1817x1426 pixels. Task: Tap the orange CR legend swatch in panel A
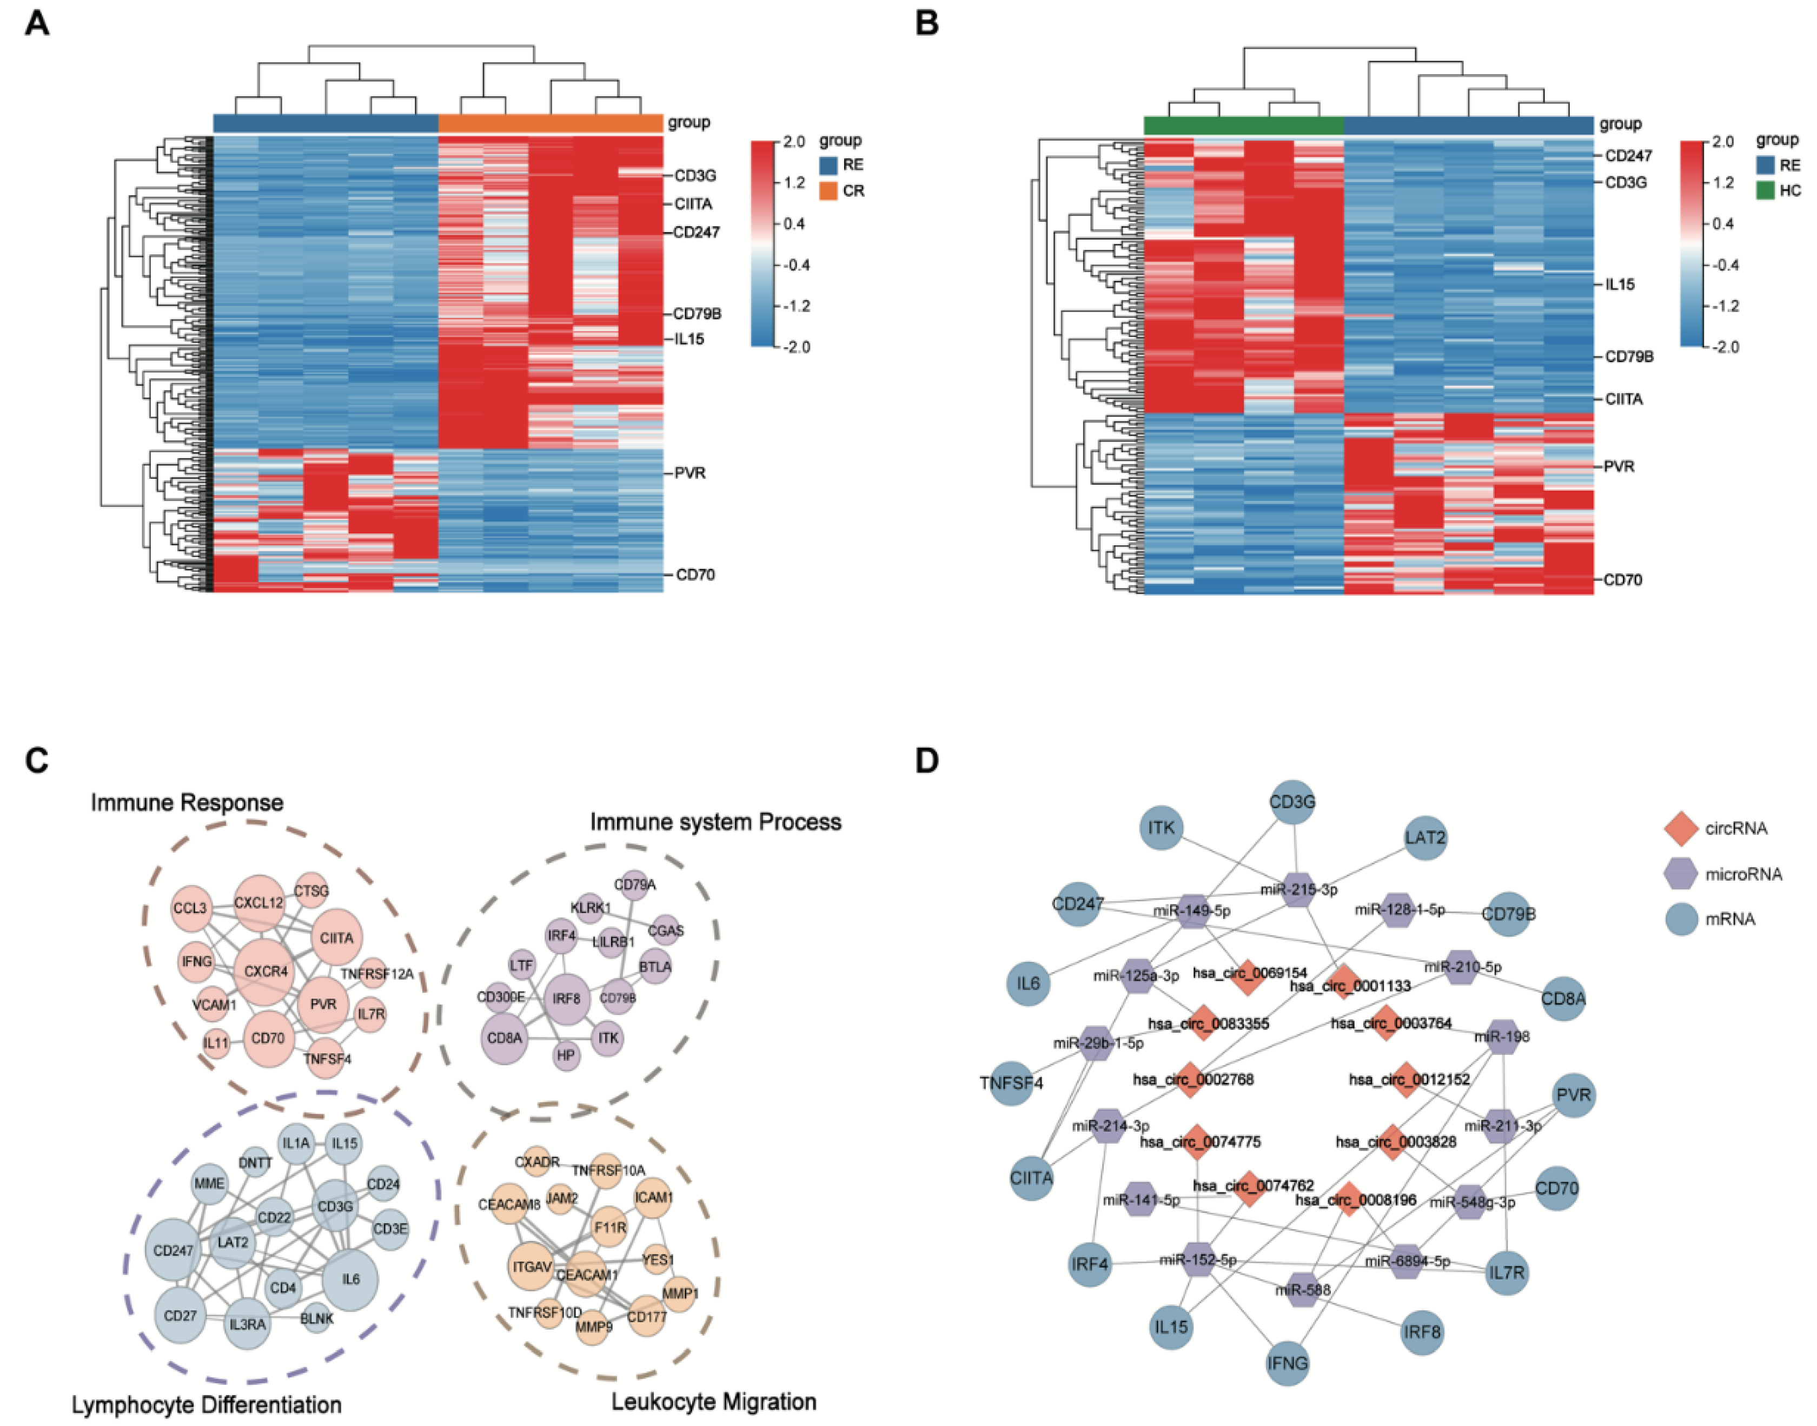(828, 191)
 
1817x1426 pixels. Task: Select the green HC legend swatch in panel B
(1765, 190)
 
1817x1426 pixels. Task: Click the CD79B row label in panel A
(697, 314)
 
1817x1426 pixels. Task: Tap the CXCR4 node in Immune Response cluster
(266, 972)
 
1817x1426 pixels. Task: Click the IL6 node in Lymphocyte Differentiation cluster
(350, 1279)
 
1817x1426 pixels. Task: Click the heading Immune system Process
(715, 822)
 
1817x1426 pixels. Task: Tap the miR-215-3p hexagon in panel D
(1299, 889)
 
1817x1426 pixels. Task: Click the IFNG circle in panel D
(1287, 1363)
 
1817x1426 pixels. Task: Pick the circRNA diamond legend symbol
(1681, 828)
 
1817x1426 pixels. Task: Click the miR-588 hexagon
(1303, 1290)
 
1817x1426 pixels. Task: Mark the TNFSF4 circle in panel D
(1011, 1084)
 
